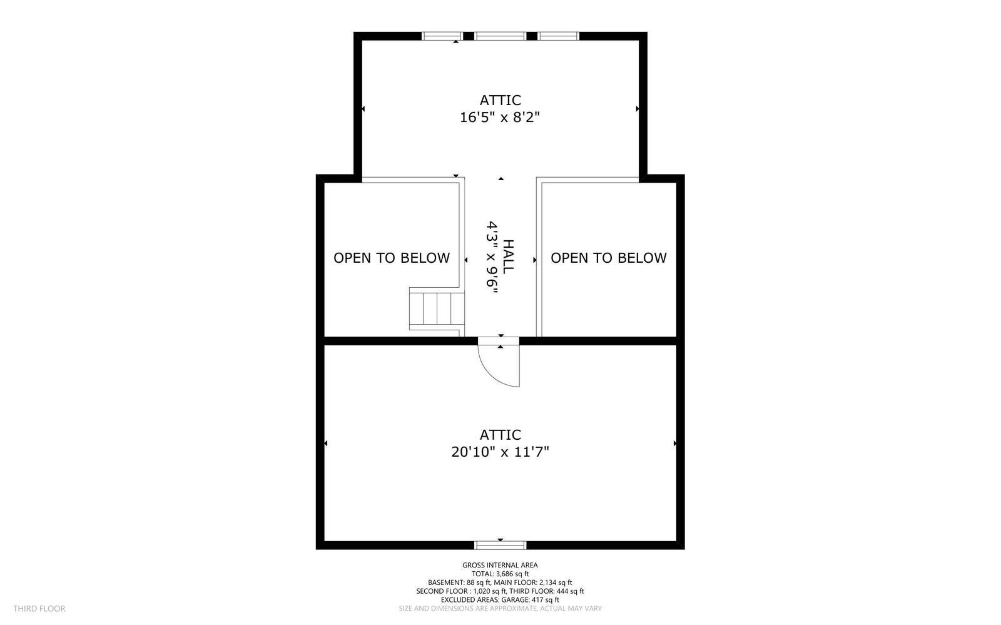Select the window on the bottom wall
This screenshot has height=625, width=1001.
[500, 545]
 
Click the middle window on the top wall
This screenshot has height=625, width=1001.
[500, 36]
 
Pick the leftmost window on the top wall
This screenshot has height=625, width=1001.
[442, 36]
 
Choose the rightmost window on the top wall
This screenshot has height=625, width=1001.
[559, 36]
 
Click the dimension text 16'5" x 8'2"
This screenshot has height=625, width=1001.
[500, 118]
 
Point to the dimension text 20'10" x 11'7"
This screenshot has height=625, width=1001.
[500, 452]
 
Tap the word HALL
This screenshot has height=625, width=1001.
[509, 257]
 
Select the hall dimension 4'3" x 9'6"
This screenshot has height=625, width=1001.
[492, 257]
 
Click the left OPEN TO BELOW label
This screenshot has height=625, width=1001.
[392, 258]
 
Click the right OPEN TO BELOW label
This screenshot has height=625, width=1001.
[609, 258]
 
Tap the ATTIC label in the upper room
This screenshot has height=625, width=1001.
[500, 100]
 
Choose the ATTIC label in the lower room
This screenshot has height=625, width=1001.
[500, 435]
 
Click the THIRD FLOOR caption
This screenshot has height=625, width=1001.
[39, 609]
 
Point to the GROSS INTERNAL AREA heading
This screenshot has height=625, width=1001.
[500, 565]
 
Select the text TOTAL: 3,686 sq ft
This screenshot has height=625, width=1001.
[500, 574]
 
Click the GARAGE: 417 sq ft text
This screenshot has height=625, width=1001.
[526, 599]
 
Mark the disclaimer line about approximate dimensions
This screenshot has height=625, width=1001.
[500, 609]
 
